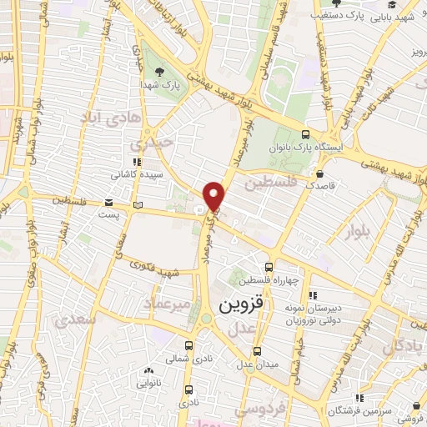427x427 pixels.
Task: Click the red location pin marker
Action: pos(214,195)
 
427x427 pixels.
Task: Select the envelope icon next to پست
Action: pos(108,203)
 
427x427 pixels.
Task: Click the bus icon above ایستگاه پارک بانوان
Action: pos(306,134)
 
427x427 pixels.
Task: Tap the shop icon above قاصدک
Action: pos(321,174)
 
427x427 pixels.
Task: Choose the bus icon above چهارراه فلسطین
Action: pos(268,267)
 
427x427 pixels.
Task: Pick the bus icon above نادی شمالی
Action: pos(188,344)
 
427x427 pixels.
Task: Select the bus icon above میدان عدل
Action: pos(257,350)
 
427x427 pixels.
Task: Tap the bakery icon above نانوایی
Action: pos(148,370)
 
